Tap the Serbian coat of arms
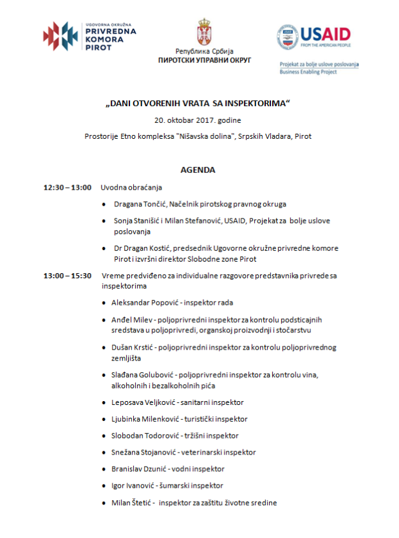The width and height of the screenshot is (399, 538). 204,31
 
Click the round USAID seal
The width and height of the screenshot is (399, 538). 288,37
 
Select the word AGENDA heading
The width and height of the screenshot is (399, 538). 198,170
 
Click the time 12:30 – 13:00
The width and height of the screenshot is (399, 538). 68,188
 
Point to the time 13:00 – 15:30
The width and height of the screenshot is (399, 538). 68,276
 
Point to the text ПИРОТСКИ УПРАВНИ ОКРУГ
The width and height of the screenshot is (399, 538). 204,60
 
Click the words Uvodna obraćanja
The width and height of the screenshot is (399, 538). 131,188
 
